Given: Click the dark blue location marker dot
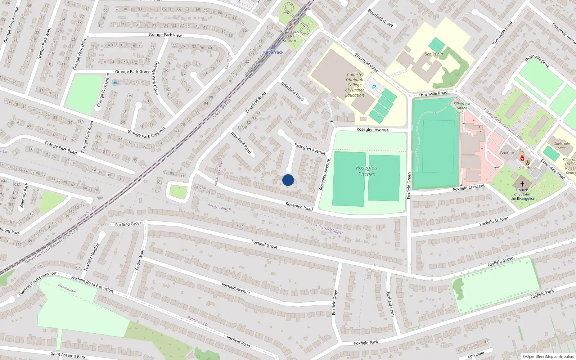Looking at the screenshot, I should click(x=288, y=180).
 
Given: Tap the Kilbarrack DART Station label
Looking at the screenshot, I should click(x=289, y=36).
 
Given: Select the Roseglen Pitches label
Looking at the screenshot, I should click(x=366, y=171).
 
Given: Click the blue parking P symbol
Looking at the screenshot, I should click(x=374, y=87).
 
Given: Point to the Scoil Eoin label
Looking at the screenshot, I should click(x=434, y=54).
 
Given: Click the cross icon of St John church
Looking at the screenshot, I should click(x=522, y=184).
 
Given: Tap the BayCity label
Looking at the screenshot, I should click(x=507, y=153).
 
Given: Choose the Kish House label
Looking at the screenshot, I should click(x=528, y=167).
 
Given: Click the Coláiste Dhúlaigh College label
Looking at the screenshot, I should click(x=355, y=85).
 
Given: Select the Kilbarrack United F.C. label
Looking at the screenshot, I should click(x=462, y=108).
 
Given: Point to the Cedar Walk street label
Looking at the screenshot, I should click(x=140, y=260).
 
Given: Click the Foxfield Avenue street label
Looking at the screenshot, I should click(x=236, y=288).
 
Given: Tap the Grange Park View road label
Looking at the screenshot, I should click(x=165, y=35).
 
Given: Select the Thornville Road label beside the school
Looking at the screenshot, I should click(x=433, y=94).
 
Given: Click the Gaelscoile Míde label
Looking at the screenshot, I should click(x=562, y=146).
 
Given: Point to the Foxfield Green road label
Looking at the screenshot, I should click(x=409, y=185).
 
